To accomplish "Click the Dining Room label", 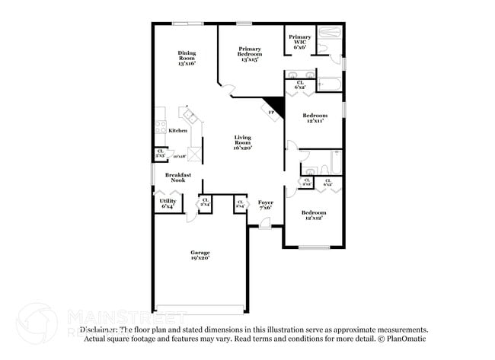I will pos(187,58).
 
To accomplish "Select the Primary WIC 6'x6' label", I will pos(300,41).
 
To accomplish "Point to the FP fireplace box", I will pos(272,112).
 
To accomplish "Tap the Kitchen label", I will pos(177,131).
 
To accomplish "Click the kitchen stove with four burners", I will pos(161,127).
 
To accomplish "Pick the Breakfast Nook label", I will pos(177,177).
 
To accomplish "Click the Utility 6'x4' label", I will pos(168,203).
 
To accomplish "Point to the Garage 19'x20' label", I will pos(200,255).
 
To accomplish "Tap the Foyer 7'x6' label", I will pos(266,205).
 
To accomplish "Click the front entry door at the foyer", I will pos(264,224).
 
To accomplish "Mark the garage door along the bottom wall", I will pos(200,309).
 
